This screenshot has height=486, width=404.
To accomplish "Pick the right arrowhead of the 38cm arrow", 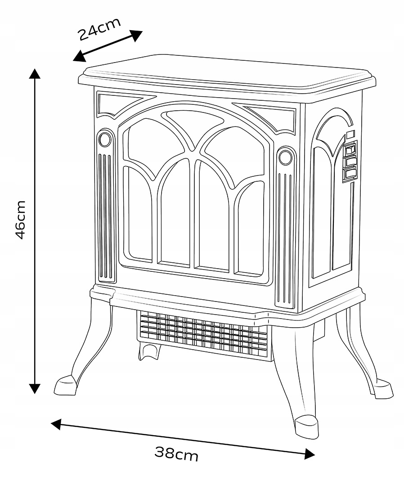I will point(309,454).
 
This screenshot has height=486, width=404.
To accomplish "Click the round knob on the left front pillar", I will point(105,139).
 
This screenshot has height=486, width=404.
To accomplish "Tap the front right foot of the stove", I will point(307,426).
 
